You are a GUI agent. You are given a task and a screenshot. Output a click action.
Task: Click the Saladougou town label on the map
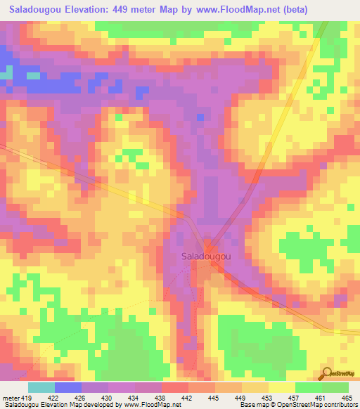207,257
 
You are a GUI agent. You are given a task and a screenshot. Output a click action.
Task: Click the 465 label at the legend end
346,397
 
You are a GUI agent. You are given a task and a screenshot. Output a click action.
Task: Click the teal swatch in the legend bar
41,387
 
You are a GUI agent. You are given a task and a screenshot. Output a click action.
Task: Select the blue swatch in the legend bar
68,387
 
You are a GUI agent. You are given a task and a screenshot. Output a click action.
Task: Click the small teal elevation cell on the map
6,74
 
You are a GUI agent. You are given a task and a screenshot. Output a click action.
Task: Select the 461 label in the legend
319,397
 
